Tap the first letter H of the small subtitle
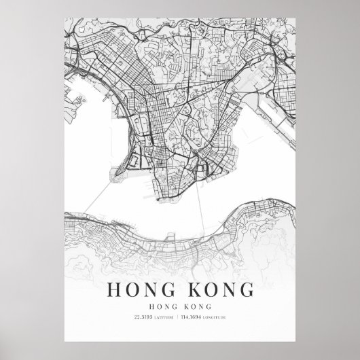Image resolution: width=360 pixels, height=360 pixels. coord(157,305)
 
